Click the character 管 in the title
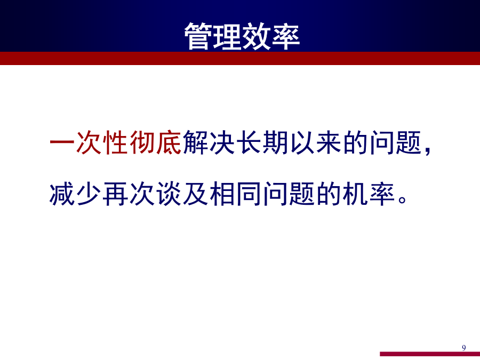point(198,36)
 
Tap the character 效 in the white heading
point(257,36)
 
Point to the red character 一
point(62,142)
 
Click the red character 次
point(89,142)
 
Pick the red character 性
point(115,142)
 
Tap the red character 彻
point(142,142)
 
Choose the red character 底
point(169,142)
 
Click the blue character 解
point(195,142)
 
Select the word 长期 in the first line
point(262,142)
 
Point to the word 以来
point(315,142)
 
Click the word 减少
point(75,194)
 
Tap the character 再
point(115,194)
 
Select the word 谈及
point(182,194)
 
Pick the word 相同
point(235,194)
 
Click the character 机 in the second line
point(355,194)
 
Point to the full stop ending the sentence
point(403,200)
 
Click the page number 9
point(464,348)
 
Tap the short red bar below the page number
point(430,354)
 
